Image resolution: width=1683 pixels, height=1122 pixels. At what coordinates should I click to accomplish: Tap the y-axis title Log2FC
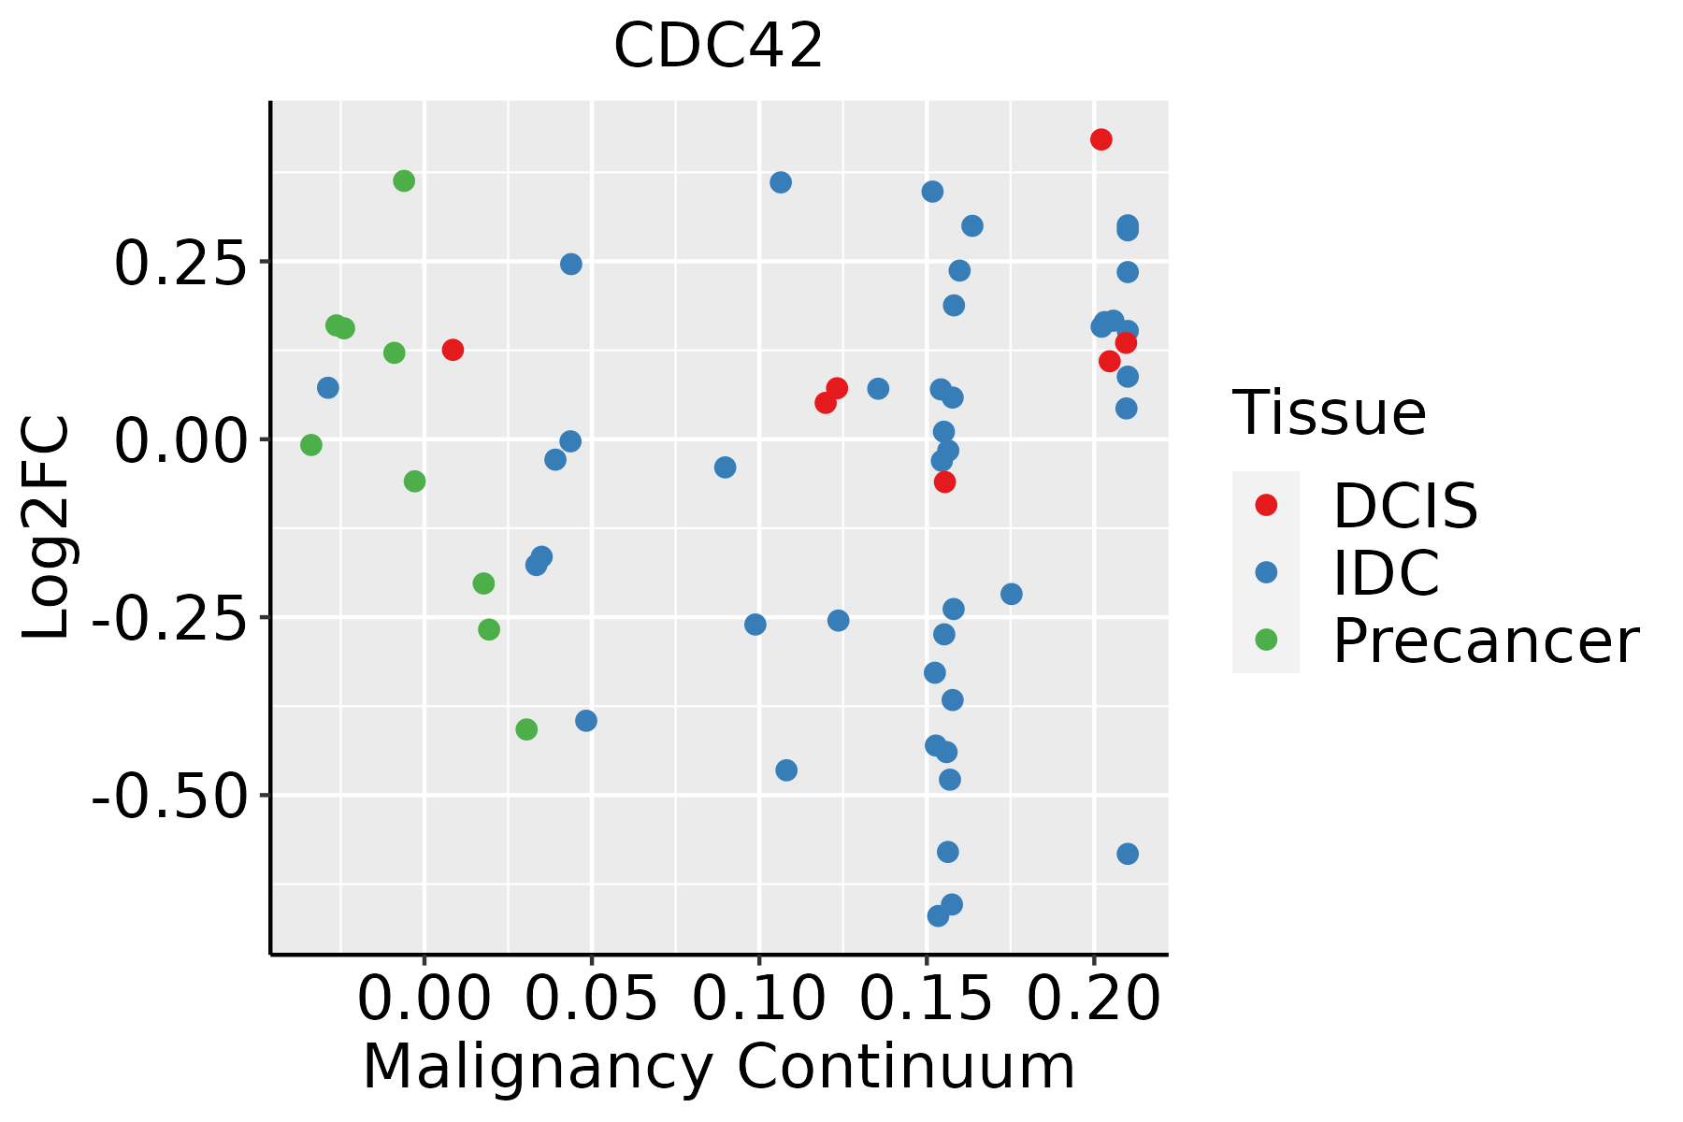(47, 527)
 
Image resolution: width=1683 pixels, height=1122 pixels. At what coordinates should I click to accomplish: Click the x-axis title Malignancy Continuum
(718, 1067)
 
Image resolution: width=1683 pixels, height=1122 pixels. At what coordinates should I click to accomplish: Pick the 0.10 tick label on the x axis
(758, 1000)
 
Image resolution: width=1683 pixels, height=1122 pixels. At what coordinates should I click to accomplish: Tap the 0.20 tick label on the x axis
(1093, 1000)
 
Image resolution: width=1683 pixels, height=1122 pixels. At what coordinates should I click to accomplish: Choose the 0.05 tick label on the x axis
(591, 1000)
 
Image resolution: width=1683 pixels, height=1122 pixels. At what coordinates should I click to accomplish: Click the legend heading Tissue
(1329, 412)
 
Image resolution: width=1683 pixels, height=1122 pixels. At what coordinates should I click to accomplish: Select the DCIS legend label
(1404, 506)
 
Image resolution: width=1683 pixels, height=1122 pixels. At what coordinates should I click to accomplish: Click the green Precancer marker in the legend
(1266, 640)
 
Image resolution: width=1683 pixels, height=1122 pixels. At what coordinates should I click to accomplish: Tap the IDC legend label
(1386, 573)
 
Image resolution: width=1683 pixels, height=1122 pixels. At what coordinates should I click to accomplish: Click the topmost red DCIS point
(1101, 139)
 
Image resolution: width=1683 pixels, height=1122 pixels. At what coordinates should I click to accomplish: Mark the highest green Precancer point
(404, 180)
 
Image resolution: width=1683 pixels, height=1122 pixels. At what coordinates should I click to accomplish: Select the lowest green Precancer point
(526, 729)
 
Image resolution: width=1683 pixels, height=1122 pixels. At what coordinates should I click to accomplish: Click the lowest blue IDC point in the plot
(939, 916)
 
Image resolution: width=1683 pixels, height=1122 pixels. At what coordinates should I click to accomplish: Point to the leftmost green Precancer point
(311, 445)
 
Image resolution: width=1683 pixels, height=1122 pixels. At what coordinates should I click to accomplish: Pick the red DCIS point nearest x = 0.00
(453, 350)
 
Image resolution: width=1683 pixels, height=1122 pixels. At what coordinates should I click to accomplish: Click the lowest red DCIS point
(945, 482)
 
